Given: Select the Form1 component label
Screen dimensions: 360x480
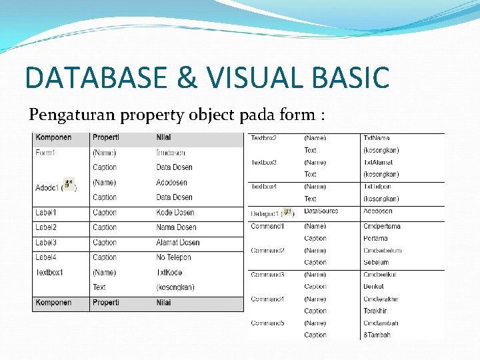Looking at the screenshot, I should [x=45, y=153].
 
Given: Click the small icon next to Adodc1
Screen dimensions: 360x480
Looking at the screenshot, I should [x=68, y=184].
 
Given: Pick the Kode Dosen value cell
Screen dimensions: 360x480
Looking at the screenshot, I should [x=175, y=213].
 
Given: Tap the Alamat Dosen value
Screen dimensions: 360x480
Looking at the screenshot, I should [x=178, y=243].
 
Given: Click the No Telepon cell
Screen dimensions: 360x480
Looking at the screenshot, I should [x=173, y=257].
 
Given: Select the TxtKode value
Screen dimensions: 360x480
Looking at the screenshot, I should [x=169, y=273].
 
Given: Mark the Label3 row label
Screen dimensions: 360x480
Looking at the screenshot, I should [x=46, y=243].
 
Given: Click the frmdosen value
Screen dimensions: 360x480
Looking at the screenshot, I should [x=171, y=153].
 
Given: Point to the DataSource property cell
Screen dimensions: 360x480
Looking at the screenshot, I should [x=321, y=211].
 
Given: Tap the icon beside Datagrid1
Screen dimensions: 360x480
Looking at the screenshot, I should [x=288, y=212].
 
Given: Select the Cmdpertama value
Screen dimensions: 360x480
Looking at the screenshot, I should [x=382, y=226].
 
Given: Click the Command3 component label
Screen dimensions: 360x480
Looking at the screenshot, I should [x=267, y=275].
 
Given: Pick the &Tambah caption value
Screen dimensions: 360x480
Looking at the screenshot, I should [x=377, y=335].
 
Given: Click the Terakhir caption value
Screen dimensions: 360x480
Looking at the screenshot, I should [x=375, y=311].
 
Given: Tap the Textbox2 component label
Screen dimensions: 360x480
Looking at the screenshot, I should [x=264, y=138].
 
